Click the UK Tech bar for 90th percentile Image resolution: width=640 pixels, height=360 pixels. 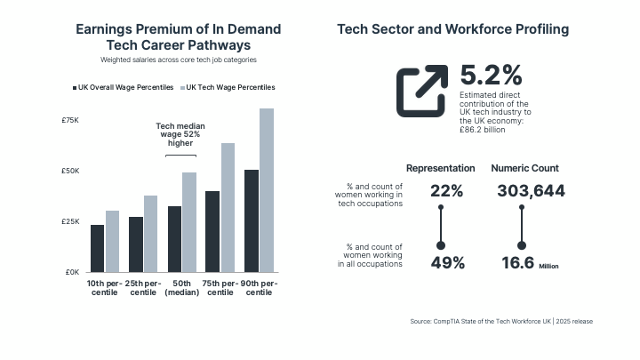[x=267, y=190]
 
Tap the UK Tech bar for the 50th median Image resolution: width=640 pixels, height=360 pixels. [x=189, y=222]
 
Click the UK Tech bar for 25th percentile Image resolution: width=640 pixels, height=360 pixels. [x=151, y=234]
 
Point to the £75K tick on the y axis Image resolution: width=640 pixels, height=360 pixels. [x=70, y=120]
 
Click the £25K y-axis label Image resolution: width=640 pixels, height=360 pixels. [x=70, y=221]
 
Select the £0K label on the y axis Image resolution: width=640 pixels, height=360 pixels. [x=72, y=272]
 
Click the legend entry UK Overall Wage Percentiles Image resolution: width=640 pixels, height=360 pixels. [x=124, y=88]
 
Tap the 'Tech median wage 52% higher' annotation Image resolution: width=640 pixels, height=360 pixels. [x=180, y=134]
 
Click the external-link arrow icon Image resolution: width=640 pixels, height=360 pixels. [x=422, y=92]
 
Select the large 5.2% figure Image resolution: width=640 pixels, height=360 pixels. [x=491, y=76]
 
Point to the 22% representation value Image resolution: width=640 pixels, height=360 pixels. [x=446, y=191]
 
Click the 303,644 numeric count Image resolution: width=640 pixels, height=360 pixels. [x=532, y=191]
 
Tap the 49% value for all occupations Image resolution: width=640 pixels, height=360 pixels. [x=446, y=262]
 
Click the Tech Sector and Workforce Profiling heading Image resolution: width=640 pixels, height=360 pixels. [x=453, y=29]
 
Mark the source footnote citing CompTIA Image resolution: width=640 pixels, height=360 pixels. [x=501, y=321]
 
